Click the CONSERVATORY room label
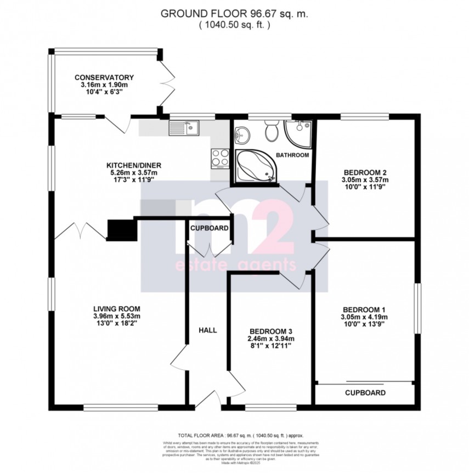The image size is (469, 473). coord(104,77)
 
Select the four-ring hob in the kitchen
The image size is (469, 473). coord(221,158)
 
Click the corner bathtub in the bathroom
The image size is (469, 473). coord(255,166)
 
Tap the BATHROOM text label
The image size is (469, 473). coord(292,155)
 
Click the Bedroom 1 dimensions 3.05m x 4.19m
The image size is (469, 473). coord(365,317)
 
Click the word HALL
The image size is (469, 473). coord(208,330)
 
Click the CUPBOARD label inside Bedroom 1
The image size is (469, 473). coord(365,393)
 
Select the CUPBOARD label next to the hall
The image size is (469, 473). coord(209,228)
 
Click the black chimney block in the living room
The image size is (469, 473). coord(120,229)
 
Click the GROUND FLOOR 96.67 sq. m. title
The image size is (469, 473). coord(234,14)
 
